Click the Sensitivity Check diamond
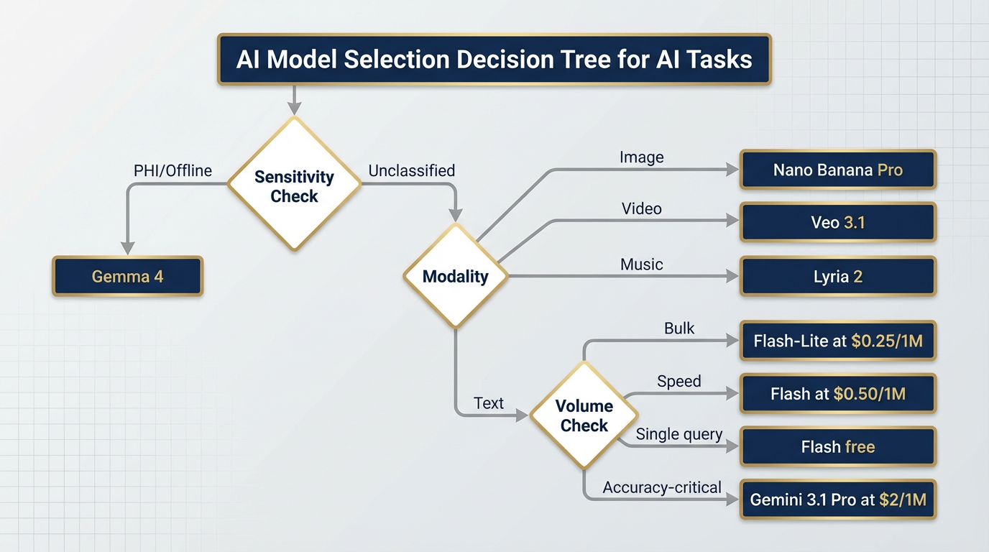294,185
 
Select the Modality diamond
455,277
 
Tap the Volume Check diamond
584,415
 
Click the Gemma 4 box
128,277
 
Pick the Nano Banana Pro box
838,170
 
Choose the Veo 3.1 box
838,223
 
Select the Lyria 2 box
838,277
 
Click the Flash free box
838,447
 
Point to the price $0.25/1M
886,341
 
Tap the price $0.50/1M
869,394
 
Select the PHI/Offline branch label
172,171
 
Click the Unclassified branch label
411,171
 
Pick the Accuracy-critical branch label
662,488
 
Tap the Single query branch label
679,435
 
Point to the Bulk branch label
679,328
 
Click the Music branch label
641,264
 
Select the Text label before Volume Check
489,404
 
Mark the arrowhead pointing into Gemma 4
128,248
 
